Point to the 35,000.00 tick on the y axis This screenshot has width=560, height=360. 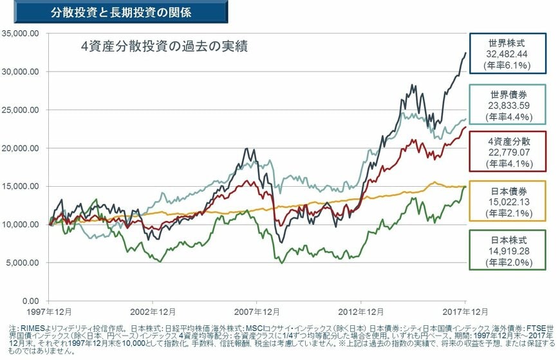click(x=21, y=33)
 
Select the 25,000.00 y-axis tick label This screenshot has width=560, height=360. click(x=21, y=109)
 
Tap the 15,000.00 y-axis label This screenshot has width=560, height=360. click(x=21, y=186)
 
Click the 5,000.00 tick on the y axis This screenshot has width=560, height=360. click(x=23, y=263)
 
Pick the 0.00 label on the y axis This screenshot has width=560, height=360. click(x=30, y=301)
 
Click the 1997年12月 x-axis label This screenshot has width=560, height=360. click(x=50, y=312)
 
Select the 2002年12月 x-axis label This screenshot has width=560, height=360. click(x=153, y=312)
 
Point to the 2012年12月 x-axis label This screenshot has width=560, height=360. click(x=360, y=312)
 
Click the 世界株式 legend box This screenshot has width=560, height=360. click(x=509, y=53)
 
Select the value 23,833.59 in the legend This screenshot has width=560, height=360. click(x=509, y=104)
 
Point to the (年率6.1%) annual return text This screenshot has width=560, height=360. click(x=509, y=65)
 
